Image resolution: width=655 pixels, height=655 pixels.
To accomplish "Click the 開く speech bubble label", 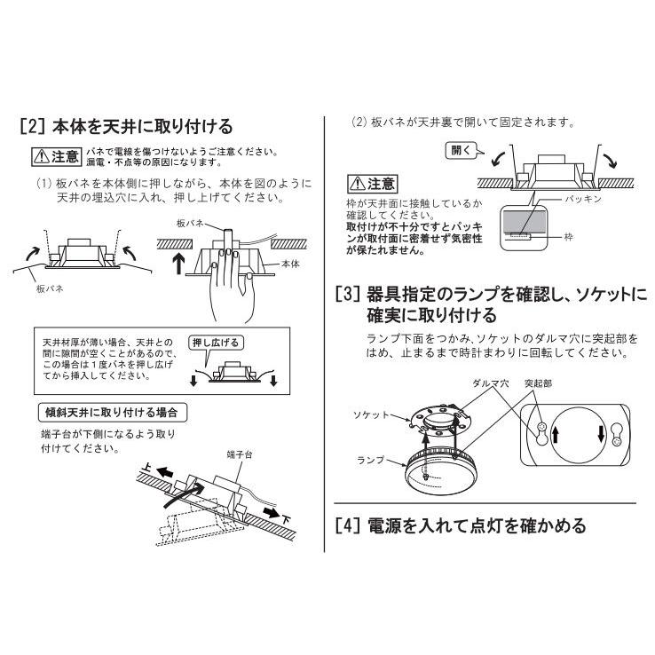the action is coord(462,150).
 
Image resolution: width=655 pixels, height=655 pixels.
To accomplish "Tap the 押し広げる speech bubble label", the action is coord(216,343).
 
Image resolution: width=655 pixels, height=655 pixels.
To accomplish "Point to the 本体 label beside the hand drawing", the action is coord(290,264).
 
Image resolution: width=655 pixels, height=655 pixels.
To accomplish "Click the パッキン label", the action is coord(583,200).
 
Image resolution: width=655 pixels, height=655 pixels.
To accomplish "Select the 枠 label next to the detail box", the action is coord(569,237).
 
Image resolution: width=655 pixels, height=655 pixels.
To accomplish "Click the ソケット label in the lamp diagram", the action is coord(371,414).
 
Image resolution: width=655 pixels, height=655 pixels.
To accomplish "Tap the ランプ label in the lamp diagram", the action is coord(370,460).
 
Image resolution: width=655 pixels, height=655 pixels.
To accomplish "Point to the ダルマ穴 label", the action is coord(491,383).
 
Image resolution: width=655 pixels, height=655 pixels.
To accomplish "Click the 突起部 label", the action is coord(538,383).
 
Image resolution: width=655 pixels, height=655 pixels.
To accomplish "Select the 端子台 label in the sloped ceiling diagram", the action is coord(240,454).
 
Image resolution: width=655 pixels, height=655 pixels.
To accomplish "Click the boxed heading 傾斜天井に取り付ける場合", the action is coord(112,413).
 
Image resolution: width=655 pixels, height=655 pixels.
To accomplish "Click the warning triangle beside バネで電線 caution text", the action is coord(42,157).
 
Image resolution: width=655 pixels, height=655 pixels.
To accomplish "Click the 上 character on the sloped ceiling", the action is coord(146,467).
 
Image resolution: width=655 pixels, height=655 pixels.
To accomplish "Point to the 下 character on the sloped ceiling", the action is coord(286,520).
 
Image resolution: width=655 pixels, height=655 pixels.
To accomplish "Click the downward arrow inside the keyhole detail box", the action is coord(601,434).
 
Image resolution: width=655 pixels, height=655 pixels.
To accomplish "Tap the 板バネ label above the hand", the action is coord(190,224).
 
